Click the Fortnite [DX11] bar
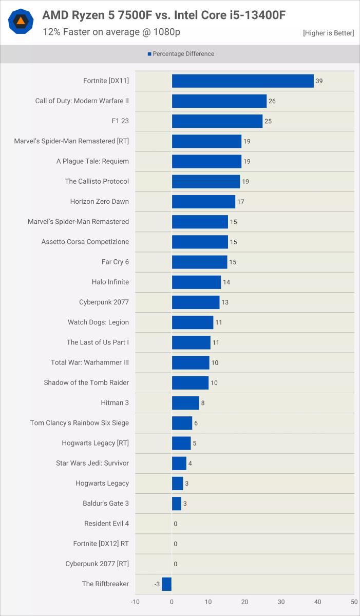click(x=242, y=81)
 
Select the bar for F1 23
click(x=217, y=121)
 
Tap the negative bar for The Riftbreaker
click(x=166, y=584)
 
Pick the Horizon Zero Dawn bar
click(x=203, y=202)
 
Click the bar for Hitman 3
click(x=185, y=403)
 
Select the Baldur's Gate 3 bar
click(x=177, y=504)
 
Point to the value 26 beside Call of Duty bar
click(x=272, y=101)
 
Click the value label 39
click(x=319, y=81)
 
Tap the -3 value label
click(x=157, y=584)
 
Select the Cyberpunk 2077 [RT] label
click(x=97, y=564)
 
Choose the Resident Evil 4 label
click(x=106, y=524)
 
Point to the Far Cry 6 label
click(x=115, y=262)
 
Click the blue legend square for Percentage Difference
click(x=149, y=54)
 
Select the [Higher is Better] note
click(x=328, y=33)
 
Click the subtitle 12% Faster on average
click(x=111, y=32)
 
